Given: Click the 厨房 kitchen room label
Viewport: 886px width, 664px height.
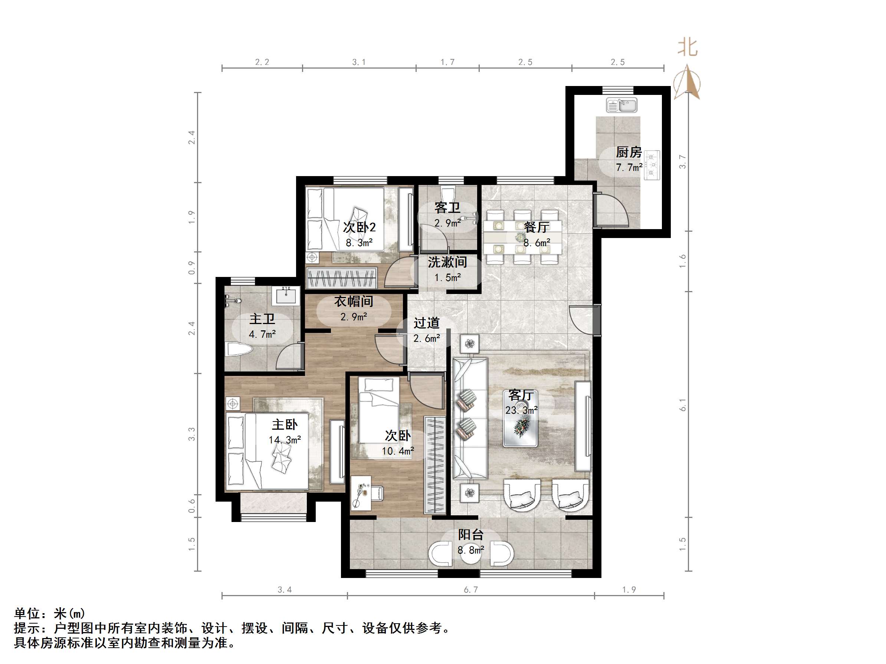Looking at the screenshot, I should coord(629,152).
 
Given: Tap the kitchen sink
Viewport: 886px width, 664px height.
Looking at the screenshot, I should coord(621,105).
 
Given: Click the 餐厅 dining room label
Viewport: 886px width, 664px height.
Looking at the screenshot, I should coord(536,227).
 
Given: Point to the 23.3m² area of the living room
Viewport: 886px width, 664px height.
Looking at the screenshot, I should coord(521,411).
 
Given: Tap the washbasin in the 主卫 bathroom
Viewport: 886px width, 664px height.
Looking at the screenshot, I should coord(286,295).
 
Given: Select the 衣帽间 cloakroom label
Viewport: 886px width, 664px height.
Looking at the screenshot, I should coord(354,301).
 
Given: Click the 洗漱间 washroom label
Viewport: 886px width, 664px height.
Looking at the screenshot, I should coord(447,262).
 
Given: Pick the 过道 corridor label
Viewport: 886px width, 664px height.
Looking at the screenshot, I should coord(427,323).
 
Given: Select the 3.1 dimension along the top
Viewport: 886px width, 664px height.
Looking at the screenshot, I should coord(358,62).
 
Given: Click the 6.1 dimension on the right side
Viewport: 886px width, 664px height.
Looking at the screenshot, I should coord(683,404).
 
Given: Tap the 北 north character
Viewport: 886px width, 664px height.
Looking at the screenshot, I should coord(688,47).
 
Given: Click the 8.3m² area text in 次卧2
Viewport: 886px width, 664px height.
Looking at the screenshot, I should coord(359,242).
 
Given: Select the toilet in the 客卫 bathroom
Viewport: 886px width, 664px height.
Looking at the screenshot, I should coord(447,193).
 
